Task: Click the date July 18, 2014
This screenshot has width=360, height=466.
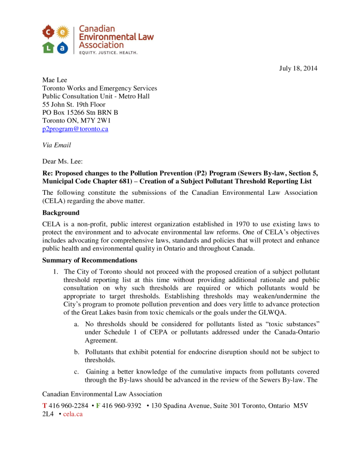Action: (x=298, y=69)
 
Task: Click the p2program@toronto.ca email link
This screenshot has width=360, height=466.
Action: (x=75, y=129)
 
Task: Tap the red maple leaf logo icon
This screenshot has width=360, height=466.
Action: (x=49, y=32)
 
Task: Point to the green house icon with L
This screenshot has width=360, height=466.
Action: (x=49, y=47)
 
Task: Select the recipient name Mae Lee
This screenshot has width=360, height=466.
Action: (x=55, y=80)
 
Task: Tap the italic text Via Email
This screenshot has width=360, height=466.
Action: (x=56, y=145)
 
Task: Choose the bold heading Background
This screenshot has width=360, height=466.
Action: (x=61, y=213)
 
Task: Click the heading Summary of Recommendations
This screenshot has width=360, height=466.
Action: (x=90, y=261)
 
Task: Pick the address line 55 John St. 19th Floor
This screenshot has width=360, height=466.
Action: (x=74, y=105)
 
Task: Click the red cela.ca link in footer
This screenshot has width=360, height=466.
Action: (x=73, y=415)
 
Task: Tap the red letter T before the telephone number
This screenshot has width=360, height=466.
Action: (x=45, y=406)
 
